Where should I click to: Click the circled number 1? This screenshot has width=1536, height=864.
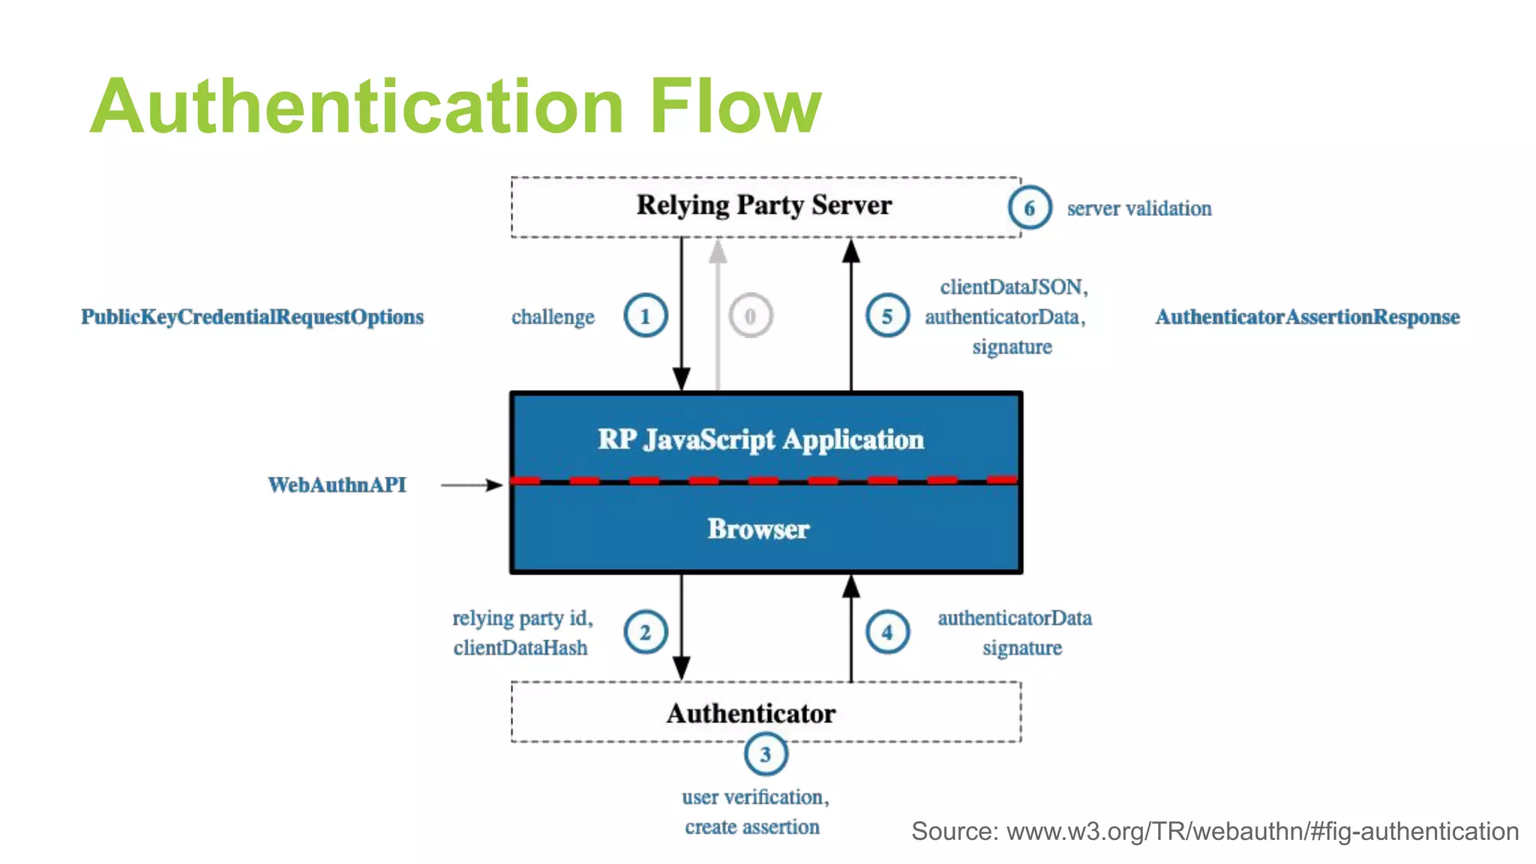click(x=645, y=316)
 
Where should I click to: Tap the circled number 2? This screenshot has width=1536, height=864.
click(x=645, y=632)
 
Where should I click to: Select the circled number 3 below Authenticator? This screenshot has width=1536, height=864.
click(x=765, y=754)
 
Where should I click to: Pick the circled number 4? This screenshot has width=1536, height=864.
click(x=887, y=632)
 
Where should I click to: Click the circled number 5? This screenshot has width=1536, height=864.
click(x=887, y=316)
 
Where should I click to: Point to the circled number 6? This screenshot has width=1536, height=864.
click(x=1029, y=208)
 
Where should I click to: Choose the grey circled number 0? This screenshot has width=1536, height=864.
click(x=750, y=316)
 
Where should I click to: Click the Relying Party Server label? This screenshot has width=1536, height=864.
click(x=764, y=205)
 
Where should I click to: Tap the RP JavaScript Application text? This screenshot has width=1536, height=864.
click(x=760, y=439)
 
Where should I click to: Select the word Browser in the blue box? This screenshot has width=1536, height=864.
click(x=758, y=529)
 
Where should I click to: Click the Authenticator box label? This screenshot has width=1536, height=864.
click(x=751, y=713)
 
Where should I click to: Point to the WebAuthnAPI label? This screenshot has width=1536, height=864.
click(x=337, y=485)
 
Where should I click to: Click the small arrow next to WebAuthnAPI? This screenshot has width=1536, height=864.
click(x=471, y=485)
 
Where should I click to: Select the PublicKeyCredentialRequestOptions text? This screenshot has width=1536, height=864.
click(x=252, y=317)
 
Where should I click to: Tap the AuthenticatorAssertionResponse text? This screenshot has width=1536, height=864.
click(x=1307, y=317)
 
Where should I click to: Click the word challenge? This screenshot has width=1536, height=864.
click(x=553, y=317)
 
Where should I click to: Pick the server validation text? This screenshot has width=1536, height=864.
click(x=1139, y=208)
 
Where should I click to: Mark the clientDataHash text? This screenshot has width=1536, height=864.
click(x=520, y=648)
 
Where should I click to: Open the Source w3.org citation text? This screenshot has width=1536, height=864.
click(x=1214, y=831)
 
